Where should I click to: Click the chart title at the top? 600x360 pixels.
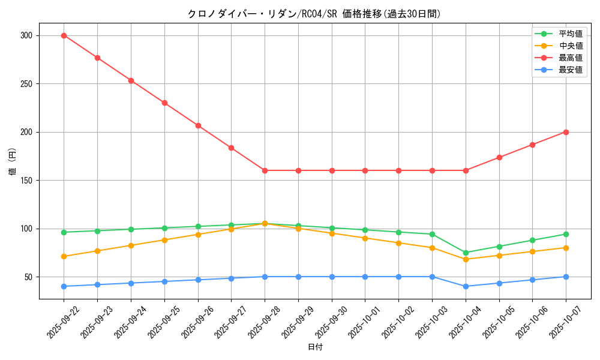[314, 14]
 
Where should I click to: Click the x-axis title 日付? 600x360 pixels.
[315, 347]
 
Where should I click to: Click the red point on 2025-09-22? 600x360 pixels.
[64, 35]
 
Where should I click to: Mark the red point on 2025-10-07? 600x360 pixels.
[566, 132]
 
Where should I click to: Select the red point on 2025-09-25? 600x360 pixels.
[164, 103]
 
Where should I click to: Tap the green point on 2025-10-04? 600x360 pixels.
[466, 253]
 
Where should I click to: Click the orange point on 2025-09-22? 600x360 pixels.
[64, 256]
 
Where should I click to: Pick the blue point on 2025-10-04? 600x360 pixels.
[466, 286]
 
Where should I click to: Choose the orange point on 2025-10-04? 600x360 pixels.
[466, 259]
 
